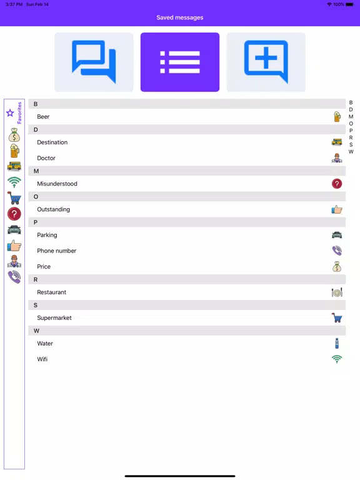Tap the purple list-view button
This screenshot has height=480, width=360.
tap(180, 62)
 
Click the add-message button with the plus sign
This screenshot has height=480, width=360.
tap(266, 62)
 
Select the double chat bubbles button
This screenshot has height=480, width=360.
tap(94, 62)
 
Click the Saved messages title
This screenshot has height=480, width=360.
tap(180, 17)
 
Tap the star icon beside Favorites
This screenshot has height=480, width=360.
tap(10, 113)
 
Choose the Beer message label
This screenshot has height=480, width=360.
tap(43, 117)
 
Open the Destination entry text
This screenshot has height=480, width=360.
tap(52, 142)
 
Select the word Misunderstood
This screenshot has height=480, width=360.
tap(57, 184)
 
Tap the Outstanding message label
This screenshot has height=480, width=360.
tap(54, 209)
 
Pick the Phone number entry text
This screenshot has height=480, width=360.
tap(57, 251)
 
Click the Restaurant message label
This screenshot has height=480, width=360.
tap(52, 292)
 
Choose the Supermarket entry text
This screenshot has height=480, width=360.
tap(54, 318)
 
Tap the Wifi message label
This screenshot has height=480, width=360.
tap(42, 359)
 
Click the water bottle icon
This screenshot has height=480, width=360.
tap(337, 344)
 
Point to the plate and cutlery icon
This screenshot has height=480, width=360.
tap(337, 292)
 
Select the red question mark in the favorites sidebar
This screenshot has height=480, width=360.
tap(14, 214)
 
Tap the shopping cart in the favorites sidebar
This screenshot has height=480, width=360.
tap(14, 198)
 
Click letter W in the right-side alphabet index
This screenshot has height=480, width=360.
tap(351, 152)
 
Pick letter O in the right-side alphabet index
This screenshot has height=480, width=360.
tap(351, 124)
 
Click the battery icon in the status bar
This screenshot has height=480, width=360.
tap(350, 4)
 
